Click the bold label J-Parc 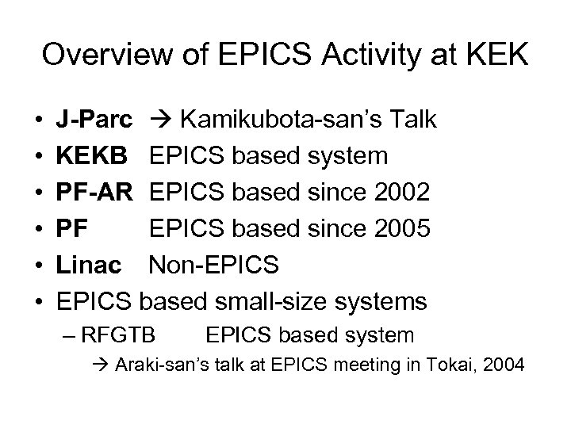(x=90, y=120)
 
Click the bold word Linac (x=90, y=266)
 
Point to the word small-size (x=277, y=302)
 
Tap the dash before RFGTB (x=68, y=335)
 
